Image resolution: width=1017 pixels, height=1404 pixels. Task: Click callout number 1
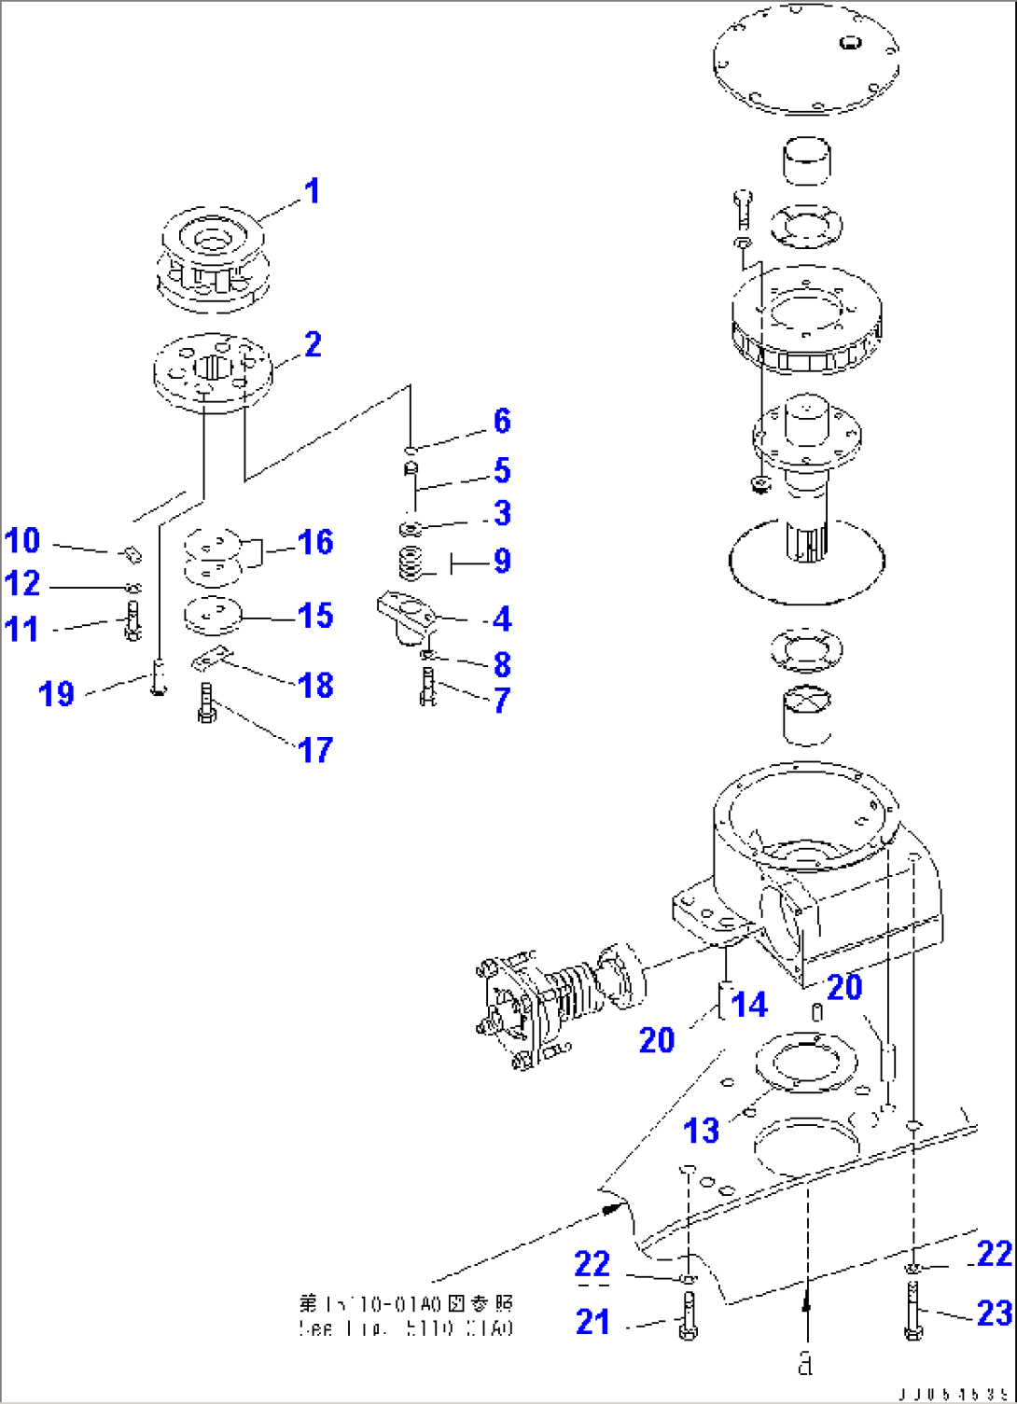312,191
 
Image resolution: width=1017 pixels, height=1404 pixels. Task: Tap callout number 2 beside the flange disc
313,344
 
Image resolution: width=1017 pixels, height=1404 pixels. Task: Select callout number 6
502,421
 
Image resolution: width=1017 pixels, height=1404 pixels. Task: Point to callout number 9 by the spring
502,561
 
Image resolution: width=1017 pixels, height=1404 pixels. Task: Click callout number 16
315,542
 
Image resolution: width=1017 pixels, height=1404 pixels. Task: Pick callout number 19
56,693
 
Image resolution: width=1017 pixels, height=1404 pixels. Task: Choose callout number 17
315,749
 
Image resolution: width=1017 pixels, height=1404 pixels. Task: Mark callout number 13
702,1131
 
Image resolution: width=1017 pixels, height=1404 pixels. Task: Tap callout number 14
749,1005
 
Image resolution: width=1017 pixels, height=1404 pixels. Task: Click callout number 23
994,1314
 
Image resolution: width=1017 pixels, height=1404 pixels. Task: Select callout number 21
592,1322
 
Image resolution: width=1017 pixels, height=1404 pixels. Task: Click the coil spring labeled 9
412,563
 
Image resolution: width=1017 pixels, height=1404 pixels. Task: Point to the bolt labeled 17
207,702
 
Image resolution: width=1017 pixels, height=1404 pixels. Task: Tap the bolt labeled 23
913,1310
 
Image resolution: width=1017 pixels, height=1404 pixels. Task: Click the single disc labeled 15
213,614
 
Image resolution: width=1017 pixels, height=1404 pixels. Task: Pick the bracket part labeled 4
407,615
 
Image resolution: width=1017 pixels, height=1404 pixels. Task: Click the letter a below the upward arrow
805,1363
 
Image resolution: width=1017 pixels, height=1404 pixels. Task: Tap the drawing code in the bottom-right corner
953,1394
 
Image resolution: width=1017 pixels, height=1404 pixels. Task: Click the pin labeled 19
158,676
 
